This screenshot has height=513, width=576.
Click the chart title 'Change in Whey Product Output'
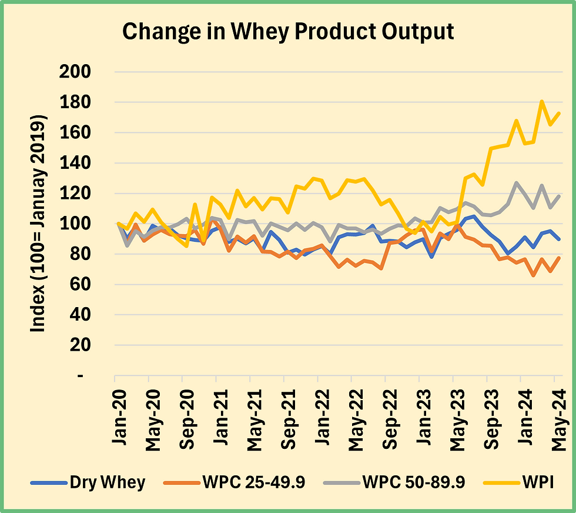tap(288, 32)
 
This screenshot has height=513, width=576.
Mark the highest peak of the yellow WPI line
tap(541, 101)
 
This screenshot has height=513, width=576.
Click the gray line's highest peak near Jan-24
tap(517, 182)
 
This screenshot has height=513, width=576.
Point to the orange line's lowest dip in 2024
tap(533, 275)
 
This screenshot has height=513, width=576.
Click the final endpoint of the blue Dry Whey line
tap(558, 239)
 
